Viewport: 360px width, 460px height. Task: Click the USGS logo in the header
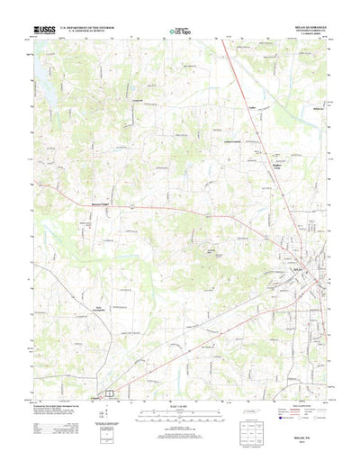[x=44, y=30]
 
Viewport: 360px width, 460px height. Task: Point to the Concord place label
[x=138, y=98]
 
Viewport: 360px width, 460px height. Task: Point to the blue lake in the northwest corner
[x=42, y=79]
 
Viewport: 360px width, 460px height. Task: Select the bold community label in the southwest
[x=101, y=310]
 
